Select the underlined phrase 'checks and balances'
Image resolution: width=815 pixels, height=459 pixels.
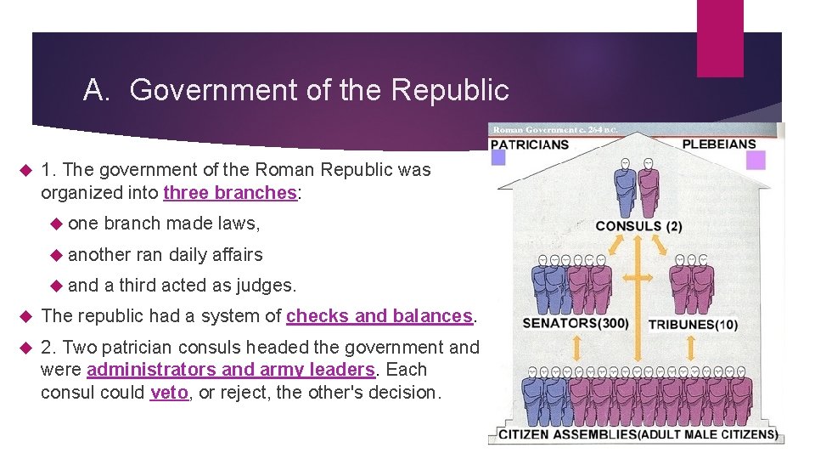[x=379, y=316]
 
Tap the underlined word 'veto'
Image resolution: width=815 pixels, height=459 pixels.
[x=169, y=394]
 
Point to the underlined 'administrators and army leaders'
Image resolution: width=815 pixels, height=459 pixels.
[x=231, y=370]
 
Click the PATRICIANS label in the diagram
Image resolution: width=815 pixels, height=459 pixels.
[x=531, y=144]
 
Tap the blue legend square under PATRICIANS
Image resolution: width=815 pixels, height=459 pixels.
[x=498, y=157]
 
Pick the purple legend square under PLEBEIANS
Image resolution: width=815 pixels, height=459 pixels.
[x=756, y=160]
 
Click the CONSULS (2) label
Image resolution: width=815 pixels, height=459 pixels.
[x=638, y=226]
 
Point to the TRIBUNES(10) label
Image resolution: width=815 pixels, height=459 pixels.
[x=693, y=325]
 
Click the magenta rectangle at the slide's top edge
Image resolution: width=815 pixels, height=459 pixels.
[x=719, y=38]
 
